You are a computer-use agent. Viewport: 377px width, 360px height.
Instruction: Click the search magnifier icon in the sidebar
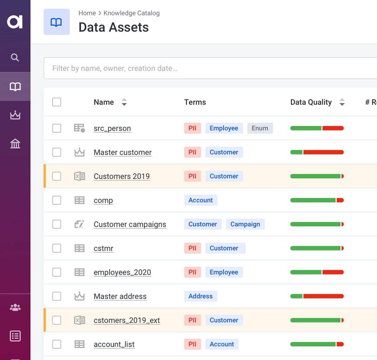pos(15,58)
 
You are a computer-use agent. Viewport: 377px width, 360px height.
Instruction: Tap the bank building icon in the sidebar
pos(15,144)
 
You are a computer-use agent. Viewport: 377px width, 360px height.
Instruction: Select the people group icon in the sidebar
pos(15,307)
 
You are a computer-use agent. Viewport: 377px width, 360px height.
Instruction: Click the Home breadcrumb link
pos(87,13)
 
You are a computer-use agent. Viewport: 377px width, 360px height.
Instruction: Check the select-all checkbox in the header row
pos(57,102)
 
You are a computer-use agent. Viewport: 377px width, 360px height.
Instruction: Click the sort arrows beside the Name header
pos(124,102)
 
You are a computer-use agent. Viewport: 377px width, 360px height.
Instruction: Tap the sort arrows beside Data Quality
pos(342,102)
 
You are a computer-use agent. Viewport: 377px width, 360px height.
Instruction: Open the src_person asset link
pos(112,128)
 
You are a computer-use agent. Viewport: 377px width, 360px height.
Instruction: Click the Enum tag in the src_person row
pos(260,128)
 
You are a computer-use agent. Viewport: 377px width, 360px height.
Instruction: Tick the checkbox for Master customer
pos(57,152)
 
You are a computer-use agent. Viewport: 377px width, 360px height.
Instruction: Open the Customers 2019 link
pos(122,176)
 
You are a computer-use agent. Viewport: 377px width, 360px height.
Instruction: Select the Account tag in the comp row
pos(200,200)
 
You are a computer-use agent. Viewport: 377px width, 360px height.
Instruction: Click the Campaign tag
pos(245,224)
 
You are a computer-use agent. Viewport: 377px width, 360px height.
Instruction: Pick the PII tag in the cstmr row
pos(192,248)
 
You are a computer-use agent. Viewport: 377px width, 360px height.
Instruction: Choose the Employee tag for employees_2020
pos(224,272)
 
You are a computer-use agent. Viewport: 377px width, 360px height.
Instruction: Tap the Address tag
pos(200,296)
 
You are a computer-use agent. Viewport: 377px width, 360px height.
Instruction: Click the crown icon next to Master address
pos(79,296)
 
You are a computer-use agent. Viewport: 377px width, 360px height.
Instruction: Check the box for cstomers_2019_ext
pos(57,320)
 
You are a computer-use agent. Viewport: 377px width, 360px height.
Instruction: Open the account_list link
pos(114,344)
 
